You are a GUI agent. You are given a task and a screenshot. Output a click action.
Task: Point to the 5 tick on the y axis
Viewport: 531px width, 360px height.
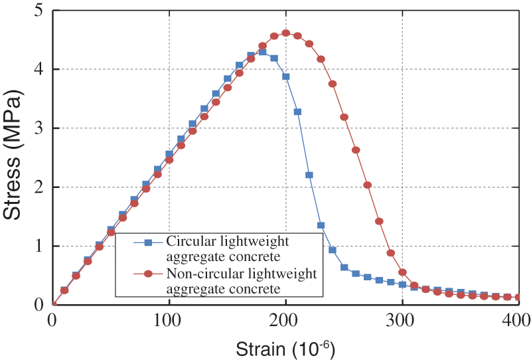[39, 11]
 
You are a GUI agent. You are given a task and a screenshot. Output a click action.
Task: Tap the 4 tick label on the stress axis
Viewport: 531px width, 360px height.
[39, 70]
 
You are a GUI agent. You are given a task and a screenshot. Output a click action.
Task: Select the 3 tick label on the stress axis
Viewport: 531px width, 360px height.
[39, 128]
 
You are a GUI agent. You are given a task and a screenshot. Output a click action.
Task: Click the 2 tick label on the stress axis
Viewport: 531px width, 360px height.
[39, 187]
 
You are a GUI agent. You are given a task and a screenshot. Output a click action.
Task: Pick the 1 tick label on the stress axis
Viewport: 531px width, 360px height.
[39, 246]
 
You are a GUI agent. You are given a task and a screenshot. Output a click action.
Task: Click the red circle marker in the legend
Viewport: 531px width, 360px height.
[148, 274]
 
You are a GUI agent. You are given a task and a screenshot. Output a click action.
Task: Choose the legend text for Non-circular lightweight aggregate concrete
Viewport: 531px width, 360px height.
[242, 280]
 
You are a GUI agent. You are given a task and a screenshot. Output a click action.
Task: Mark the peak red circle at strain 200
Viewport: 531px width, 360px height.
[285, 33]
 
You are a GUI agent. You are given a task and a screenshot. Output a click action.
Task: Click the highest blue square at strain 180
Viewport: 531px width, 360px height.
[262, 52]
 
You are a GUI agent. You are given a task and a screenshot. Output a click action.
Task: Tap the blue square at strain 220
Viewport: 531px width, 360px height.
[309, 175]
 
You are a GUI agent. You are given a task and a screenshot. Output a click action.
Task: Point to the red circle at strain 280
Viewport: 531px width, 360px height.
[379, 221]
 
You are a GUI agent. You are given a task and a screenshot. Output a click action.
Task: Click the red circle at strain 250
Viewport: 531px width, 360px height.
[344, 117]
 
